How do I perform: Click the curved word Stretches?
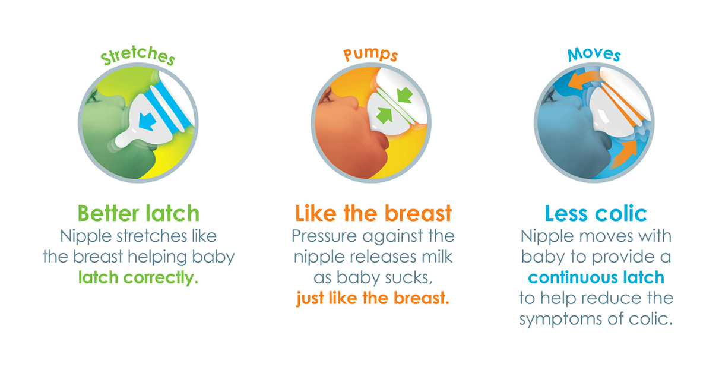point(138,55)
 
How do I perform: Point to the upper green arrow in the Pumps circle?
point(405,95)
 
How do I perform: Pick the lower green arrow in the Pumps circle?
point(385,115)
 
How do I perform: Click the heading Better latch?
point(138,213)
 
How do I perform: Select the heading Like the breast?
point(373,213)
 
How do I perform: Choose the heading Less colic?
point(596,213)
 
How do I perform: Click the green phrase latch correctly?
point(138,278)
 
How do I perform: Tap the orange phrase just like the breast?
point(373,298)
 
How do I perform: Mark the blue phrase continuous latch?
point(596,277)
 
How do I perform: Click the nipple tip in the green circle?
point(121,141)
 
